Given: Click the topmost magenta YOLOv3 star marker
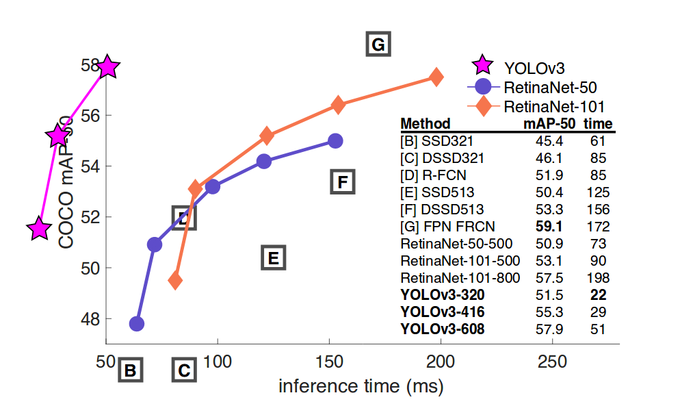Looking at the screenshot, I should coord(107,67).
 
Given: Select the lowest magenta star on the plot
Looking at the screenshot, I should coord(40,229).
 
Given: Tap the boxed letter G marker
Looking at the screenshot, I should coord(378,45).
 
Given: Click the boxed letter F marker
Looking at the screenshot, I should coord(343,182).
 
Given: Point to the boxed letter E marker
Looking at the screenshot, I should coord(272,258).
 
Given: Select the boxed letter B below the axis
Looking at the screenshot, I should coord(130,371).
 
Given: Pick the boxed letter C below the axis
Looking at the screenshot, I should coord(183,371).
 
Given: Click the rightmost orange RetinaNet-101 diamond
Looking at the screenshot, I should coord(436,77).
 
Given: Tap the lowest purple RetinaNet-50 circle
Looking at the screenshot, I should coord(136,324).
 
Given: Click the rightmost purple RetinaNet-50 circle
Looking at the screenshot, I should coord(335,140).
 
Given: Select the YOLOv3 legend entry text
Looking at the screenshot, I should coord(534,67).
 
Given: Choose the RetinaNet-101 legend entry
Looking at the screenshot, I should coord(553,107).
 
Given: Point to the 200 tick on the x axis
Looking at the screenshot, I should coord(441,362).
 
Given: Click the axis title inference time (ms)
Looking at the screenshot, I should coord(361,386).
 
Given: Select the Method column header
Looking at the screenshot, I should coord(425,124).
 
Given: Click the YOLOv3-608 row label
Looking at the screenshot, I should coord(443,329).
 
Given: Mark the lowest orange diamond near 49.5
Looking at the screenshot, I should coord(175,280).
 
